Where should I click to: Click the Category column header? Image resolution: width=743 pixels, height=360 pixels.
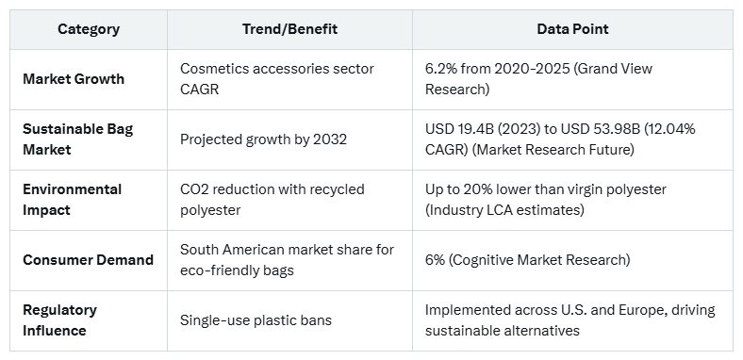(89, 29)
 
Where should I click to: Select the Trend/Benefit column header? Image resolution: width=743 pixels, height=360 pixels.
(289, 29)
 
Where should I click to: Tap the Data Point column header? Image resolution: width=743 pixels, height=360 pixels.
(572, 29)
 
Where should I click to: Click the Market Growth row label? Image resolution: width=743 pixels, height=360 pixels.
(74, 79)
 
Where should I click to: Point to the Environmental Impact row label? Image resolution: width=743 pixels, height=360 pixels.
(72, 199)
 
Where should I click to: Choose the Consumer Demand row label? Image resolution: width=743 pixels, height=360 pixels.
(88, 259)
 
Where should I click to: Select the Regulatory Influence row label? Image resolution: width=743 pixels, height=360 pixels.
(61, 319)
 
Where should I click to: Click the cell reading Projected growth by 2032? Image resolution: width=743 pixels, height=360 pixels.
(263, 139)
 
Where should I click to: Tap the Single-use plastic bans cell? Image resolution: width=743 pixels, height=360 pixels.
(256, 320)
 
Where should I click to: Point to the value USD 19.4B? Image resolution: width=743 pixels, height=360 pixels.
(462, 129)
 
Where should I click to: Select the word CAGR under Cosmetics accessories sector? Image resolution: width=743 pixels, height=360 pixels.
(198, 90)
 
